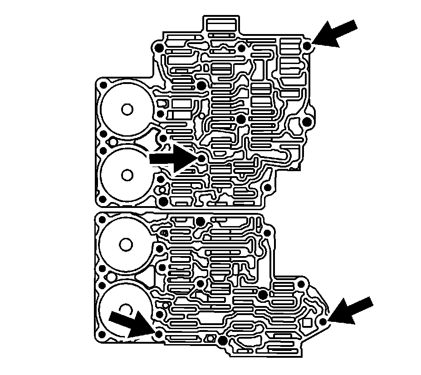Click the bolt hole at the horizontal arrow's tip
point(201,158)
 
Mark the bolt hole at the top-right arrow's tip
point(307,46)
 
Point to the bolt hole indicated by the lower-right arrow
point(323,322)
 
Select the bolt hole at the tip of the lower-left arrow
point(158,335)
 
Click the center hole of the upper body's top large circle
point(127,109)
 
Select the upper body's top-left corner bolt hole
point(158,49)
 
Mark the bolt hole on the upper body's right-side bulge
point(307,122)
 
